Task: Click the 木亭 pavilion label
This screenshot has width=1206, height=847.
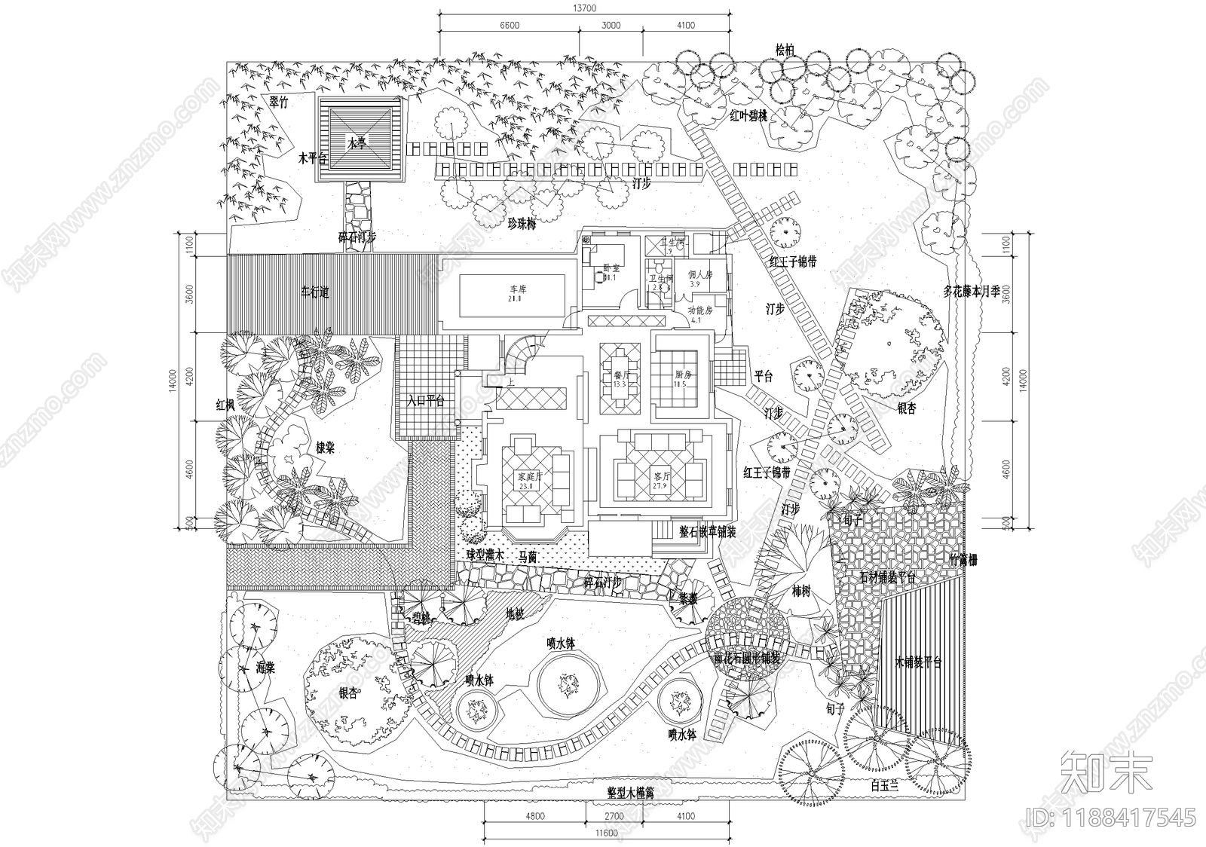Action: (x=356, y=142)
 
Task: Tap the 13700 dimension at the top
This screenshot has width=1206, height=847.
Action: (x=584, y=8)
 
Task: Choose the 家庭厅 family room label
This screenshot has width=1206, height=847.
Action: (x=525, y=477)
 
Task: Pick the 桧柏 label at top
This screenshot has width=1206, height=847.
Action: (x=785, y=50)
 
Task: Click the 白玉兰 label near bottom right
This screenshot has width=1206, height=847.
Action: (x=885, y=785)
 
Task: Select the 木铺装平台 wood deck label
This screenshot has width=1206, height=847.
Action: (x=918, y=663)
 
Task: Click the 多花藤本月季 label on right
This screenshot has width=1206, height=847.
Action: (x=972, y=292)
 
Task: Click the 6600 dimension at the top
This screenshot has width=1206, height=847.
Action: (x=510, y=25)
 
